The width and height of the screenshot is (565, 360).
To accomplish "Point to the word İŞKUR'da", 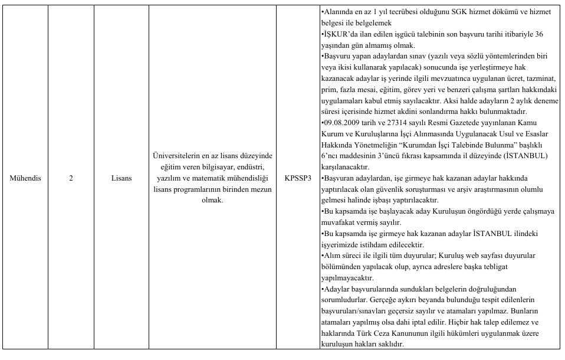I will point(338,34).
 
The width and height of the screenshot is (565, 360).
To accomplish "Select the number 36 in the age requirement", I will point(538,34).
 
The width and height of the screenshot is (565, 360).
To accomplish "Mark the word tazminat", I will point(541,78).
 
